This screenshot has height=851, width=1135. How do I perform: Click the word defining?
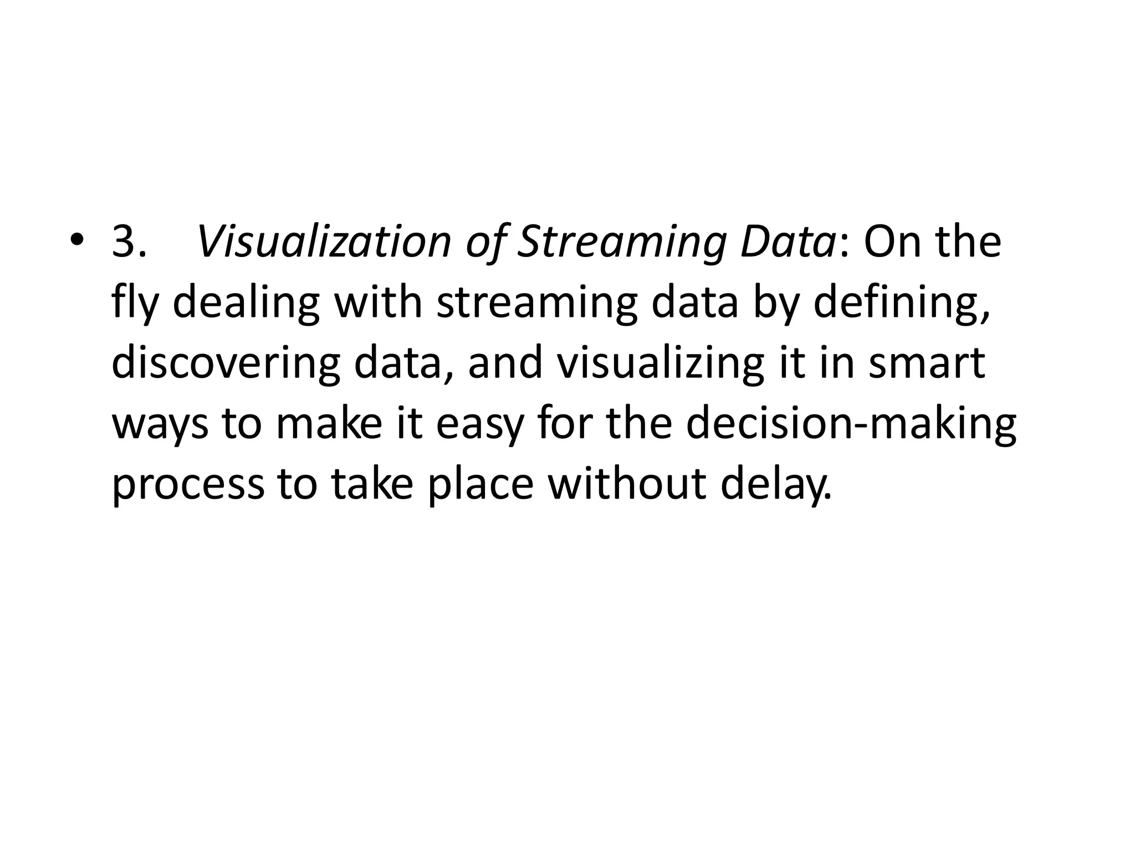point(901,304)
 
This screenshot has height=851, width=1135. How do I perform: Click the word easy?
point(479,425)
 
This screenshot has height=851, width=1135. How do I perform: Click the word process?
point(188,486)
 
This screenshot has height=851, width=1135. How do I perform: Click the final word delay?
point(776,485)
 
